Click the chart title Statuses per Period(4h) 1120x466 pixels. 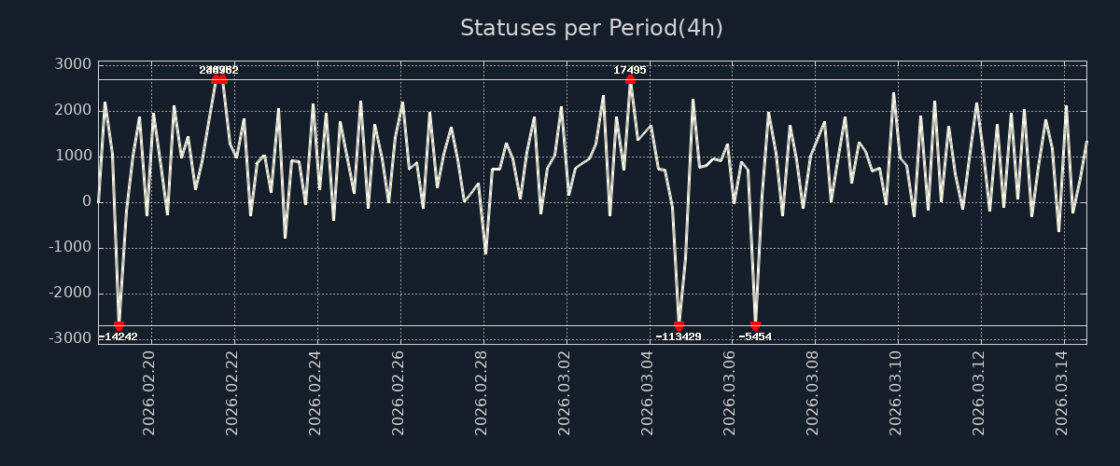pos(591,28)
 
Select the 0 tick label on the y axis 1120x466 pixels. pos(87,201)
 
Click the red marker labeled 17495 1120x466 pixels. pos(630,79)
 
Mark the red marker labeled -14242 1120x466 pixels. pos(119,326)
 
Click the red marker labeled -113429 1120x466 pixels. pos(679,326)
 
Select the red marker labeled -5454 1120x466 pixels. pos(755,326)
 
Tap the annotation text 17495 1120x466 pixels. pos(630,70)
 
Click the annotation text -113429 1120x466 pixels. pos(679,336)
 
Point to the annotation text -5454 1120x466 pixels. pos(755,336)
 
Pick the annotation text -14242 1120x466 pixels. pos(119,336)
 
